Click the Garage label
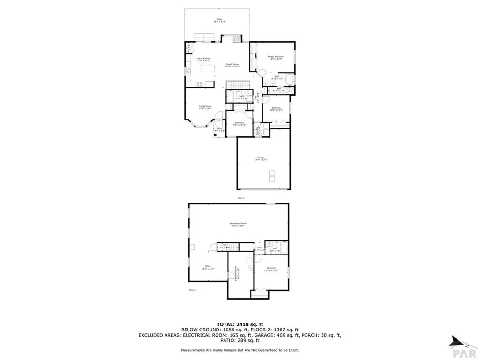261,158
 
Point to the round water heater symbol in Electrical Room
250,268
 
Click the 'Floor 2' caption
241,198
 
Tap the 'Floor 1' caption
192,290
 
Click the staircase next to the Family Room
236,84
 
